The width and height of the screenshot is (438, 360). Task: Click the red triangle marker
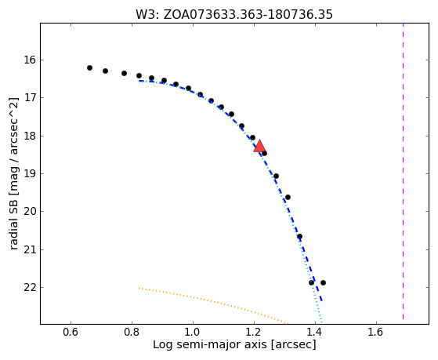click(259, 146)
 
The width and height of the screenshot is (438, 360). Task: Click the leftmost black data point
click(89, 67)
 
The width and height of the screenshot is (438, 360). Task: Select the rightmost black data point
click(323, 282)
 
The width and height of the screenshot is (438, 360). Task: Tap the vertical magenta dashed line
click(403, 171)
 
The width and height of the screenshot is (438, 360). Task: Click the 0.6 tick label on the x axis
click(71, 332)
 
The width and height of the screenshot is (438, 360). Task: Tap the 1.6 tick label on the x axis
click(376, 332)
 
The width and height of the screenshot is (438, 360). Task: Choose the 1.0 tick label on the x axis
click(193, 332)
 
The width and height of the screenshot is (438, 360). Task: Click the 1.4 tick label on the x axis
click(315, 332)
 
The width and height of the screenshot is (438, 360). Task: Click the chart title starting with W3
click(234, 15)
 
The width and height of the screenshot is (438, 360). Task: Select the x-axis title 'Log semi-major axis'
click(210, 345)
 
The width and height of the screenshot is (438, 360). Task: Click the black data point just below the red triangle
click(264, 153)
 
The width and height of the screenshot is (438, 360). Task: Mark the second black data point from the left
click(105, 71)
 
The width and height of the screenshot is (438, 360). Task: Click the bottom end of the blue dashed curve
click(322, 301)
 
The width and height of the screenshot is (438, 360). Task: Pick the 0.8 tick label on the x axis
click(132, 332)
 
